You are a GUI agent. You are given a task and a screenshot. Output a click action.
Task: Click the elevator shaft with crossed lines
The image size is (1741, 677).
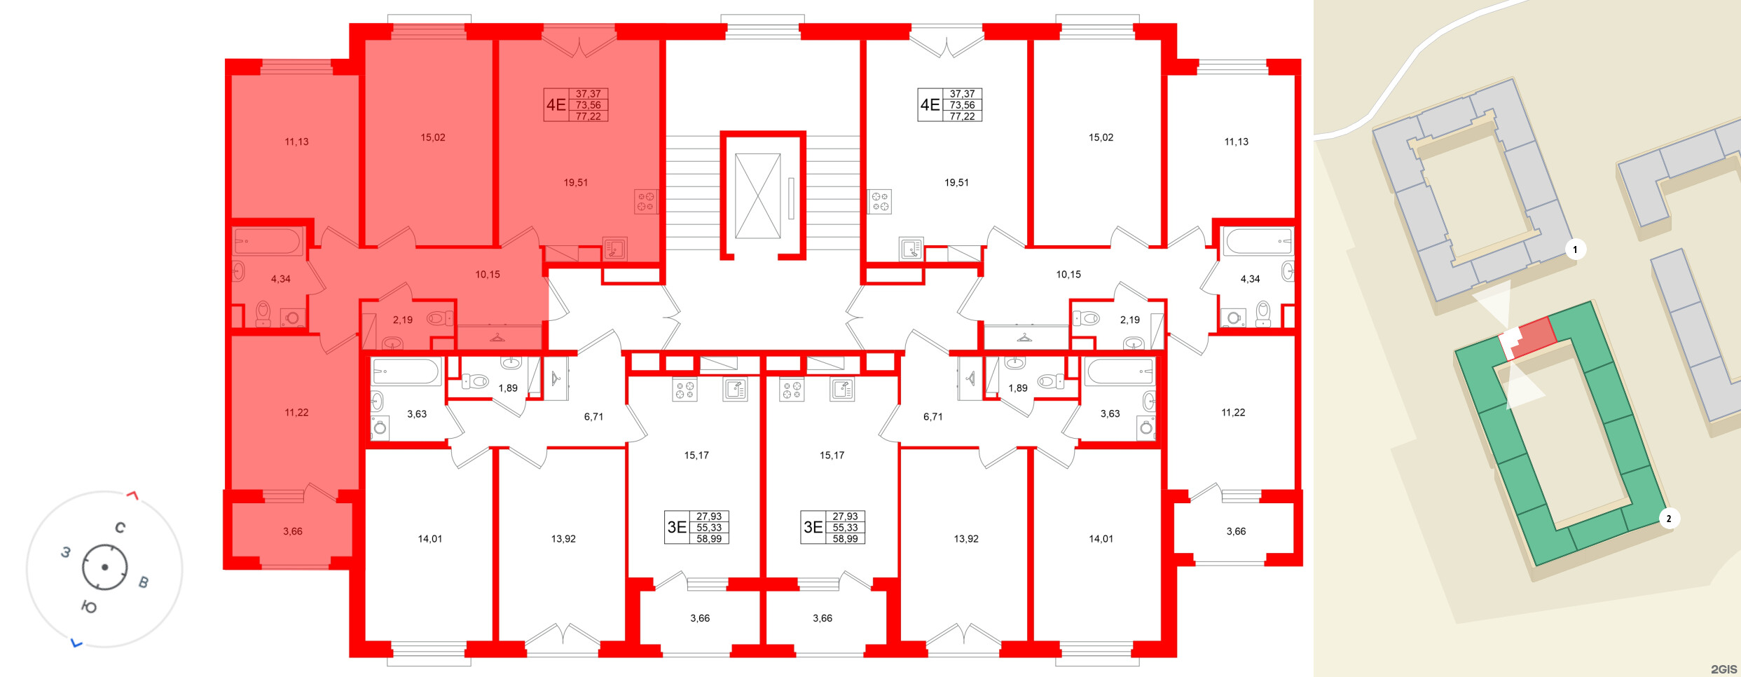click(757, 196)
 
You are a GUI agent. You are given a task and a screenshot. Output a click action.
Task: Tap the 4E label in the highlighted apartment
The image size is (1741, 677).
click(556, 105)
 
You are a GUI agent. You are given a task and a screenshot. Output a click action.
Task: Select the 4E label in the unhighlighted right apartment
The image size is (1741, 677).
click(930, 105)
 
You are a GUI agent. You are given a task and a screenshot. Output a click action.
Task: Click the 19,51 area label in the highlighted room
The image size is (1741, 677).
click(575, 183)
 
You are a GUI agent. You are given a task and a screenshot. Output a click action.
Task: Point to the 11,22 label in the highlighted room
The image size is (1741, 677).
click(296, 413)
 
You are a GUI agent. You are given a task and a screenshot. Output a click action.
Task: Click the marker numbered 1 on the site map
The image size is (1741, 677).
click(1575, 249)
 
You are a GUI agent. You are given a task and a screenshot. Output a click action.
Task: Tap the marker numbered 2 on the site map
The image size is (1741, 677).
click(1668, 519)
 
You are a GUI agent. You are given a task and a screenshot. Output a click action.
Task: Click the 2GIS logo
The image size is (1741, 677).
click(1723, 669)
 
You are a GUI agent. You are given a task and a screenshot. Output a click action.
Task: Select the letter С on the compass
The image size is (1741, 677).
click(121, 528)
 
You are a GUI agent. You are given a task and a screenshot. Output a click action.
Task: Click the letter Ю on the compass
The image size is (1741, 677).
click(89, 607)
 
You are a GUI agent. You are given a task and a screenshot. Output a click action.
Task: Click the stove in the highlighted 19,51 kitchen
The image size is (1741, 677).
click(646, 202)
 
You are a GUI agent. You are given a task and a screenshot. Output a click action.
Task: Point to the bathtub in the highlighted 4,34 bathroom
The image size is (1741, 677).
click(267, 242)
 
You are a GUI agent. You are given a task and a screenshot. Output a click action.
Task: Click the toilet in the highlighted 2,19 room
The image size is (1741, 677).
click(439, 319)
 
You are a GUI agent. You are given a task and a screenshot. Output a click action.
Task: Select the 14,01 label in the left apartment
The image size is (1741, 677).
click(429, 539)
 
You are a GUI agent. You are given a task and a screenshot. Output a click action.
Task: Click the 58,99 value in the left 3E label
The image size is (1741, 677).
click(709, 539)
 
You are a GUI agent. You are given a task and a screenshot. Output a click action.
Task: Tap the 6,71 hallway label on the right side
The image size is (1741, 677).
click(933, 417)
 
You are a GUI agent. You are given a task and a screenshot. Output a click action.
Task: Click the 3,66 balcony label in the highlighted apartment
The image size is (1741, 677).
click(292, 531)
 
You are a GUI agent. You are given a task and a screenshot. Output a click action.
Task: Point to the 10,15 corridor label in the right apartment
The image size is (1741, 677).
click(1068, 275)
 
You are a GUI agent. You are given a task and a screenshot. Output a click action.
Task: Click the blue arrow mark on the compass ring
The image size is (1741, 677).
click(76, 643)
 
